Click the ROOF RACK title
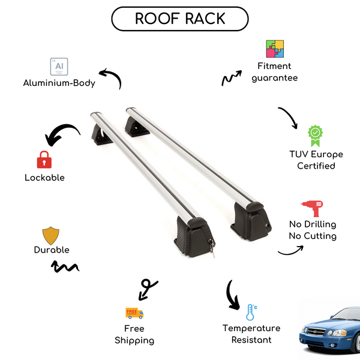coord(180,18)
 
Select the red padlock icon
coord(44,160)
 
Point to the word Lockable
coord(44,178)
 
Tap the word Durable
coord(52,250)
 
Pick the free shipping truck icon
coord(134,313)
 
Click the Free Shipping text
coord(134,334)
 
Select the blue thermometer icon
coord(251,312)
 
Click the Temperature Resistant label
coord(251,334)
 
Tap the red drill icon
coord(313,209)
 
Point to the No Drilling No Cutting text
coord(312,230)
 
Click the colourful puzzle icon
coord(275,49)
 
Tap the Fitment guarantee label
coord(275,72)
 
